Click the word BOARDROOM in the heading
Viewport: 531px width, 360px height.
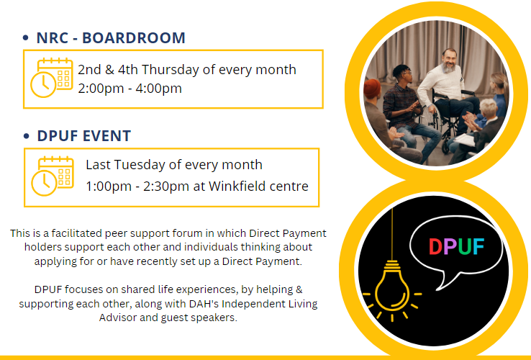pyautogui.click(x=134, y=37)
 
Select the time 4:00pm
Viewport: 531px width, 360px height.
pyautogui.click(x=159, y=88)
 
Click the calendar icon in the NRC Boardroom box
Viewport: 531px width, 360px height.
pyautogui.click(x=52, y=78)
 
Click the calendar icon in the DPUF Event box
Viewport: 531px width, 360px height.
pyautogui.click(x=53, y=176)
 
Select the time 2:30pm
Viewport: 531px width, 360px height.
pyautogui.click(x=166, y=186)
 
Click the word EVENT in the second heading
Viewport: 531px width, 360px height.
pyautogui.click(x=106, y=136)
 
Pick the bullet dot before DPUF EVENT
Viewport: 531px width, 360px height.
pyautogui.click(x=27, y=136)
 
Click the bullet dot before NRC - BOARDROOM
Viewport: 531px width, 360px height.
pyautogui.click(x=26, y=37)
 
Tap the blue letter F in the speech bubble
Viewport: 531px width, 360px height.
pyautogui.click(x=478, y=246)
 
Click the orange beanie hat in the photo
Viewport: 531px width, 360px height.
pyautogui.click(x=372, y=89)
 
